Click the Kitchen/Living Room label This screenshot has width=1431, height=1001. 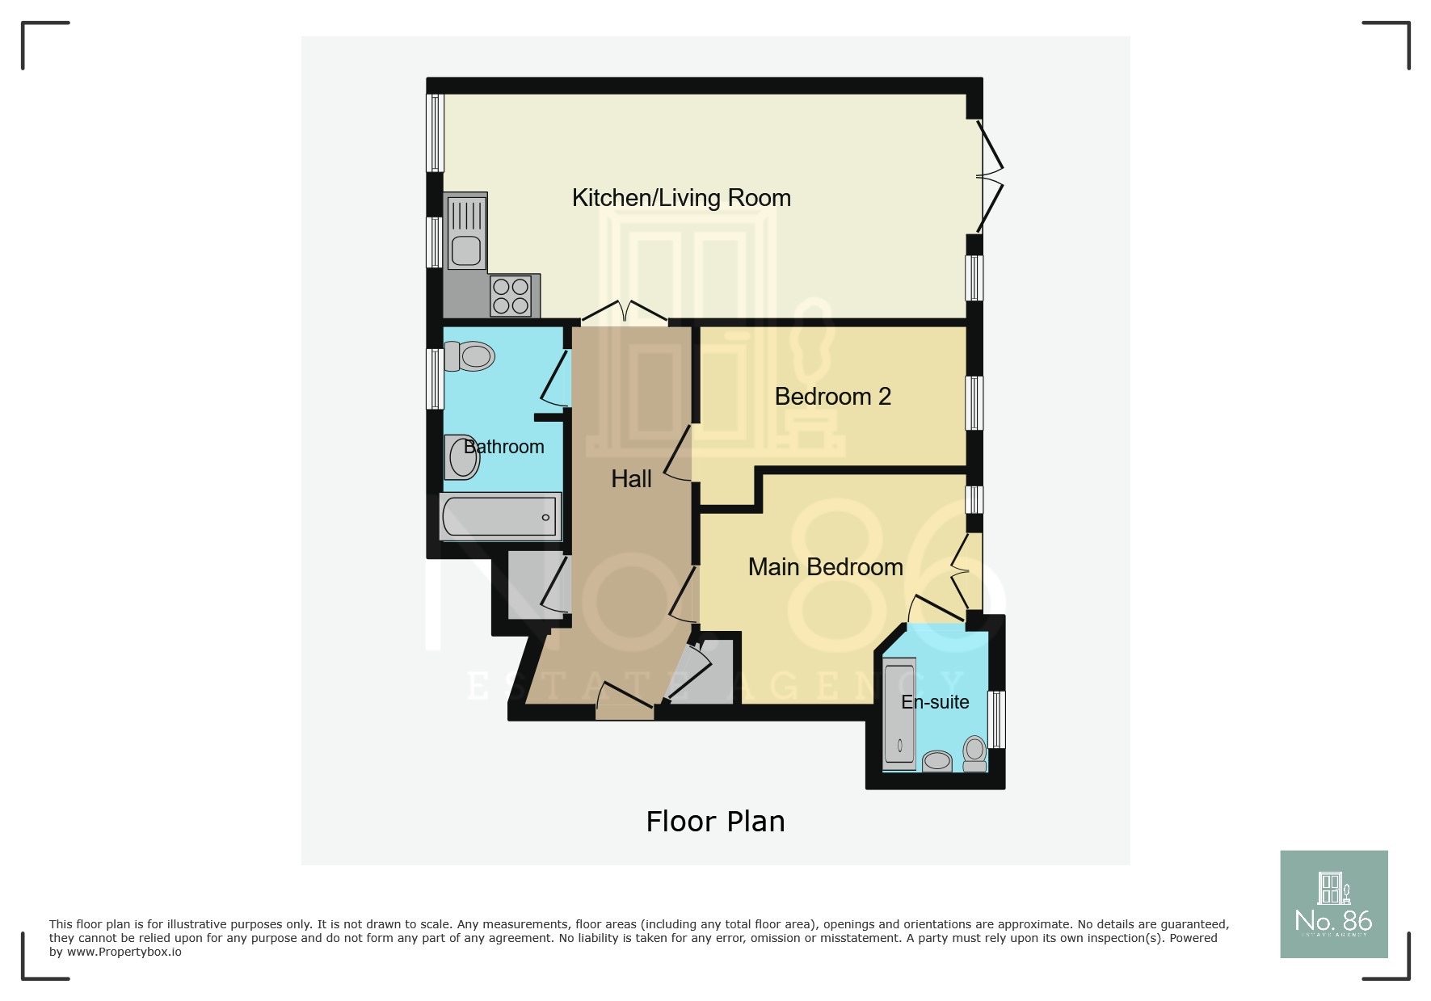tap(681, 198)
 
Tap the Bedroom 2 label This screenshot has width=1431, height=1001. tap(832, 397)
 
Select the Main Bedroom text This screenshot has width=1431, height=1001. tap(825, 567)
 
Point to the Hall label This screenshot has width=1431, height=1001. tap(631, 479)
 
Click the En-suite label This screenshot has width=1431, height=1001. tap(935, 702)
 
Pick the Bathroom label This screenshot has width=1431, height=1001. tap(504, 447)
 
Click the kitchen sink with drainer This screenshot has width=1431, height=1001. tap(465, 231)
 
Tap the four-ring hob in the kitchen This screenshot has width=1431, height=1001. tap(511, 297)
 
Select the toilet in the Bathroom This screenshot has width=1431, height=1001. tap(469, 356)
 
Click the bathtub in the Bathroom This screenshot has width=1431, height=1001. tap(500, 517)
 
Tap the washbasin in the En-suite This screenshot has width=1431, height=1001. tap(937, 761)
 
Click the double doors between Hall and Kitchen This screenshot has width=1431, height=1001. tap(625, 313)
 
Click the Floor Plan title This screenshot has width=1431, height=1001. tap(715, 822)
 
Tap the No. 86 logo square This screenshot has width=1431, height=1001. tap(1333, 904)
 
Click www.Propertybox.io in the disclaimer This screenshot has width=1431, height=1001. tap(124, 953)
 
